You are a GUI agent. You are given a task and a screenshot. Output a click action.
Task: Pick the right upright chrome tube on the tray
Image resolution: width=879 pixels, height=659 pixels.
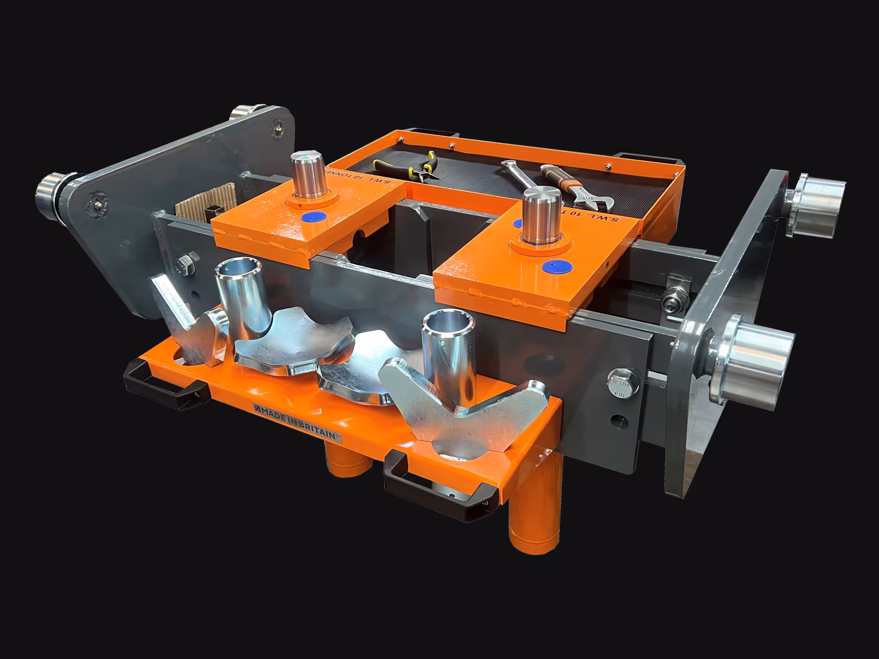tap(448, 357)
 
